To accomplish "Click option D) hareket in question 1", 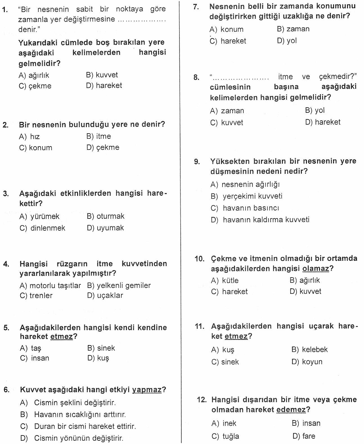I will (x=104, y=85).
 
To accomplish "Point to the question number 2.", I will (x=6, y=125).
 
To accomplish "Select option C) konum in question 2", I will (x=36, y=148).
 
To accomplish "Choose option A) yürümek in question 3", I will (x=39, y=216).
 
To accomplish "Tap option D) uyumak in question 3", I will (x=105, y=228).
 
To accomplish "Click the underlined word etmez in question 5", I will (x=61, y=336).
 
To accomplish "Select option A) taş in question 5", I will (x=30, y=348).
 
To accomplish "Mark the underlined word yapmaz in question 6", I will (x=147, y=390).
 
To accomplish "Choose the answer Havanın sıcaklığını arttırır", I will (x=80, y=414).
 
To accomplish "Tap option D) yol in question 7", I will (x=287, y=41).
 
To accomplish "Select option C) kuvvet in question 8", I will (x=226, y=123).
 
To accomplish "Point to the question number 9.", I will (x=197, y=162).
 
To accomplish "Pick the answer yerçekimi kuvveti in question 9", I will (x=252, y=196).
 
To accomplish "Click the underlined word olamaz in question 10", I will (x=316, y=269).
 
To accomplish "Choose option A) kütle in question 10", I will (x=225, y=280).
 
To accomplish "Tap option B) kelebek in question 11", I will (x=309, y=350).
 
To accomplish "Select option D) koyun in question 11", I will (x=307, y=362).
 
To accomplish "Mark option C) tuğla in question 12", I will (x=225, y=436).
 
